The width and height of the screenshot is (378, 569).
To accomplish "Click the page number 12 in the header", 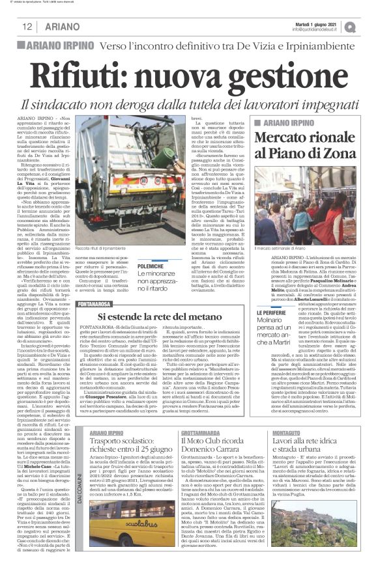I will (29, 27).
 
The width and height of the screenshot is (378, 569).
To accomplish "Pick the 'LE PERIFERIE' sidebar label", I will (269, 312).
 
